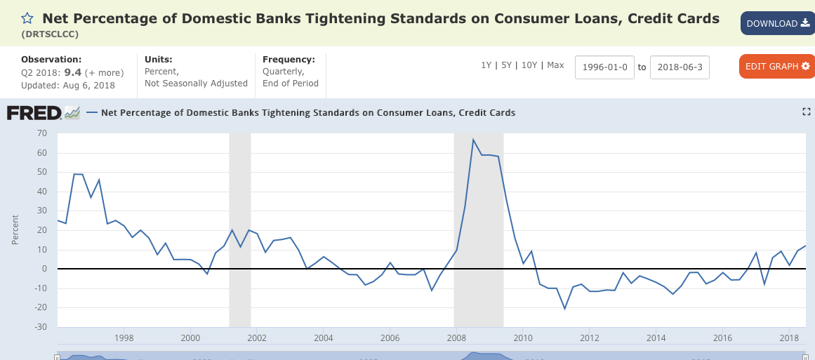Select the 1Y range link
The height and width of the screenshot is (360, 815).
tap(486, 65)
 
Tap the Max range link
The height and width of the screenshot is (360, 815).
tap(555, 65)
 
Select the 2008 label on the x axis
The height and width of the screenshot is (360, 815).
tap(456, 338)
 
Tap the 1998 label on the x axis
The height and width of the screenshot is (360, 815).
tap(124, 338)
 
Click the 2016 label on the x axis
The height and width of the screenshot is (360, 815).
tap(722, 338)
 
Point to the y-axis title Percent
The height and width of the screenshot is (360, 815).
tap(15, 229)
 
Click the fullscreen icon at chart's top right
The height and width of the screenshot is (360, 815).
tap(807, 112)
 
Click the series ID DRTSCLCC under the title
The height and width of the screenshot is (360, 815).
tap(50, 33)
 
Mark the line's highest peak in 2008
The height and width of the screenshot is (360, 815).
tap(473, 140)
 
